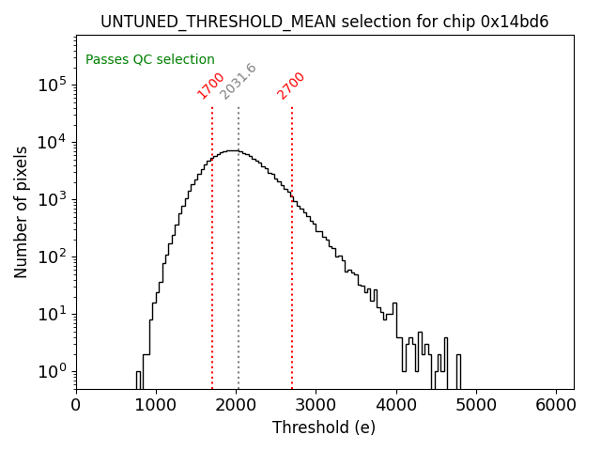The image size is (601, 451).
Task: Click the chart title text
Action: pos(325,22)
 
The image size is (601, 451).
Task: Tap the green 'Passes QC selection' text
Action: pos(150,59)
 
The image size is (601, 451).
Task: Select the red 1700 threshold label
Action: pos(210,86)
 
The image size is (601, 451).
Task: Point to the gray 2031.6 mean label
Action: pos(239,82)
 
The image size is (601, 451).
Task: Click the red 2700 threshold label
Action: pos(291,86)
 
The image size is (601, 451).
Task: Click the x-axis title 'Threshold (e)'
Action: pos(324,428)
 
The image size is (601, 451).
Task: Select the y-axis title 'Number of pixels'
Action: pos(22,211)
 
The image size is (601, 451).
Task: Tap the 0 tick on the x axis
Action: pos(76,404)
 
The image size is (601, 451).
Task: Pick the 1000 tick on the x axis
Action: pos(156,404)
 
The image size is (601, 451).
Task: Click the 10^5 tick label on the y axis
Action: pos(53,85)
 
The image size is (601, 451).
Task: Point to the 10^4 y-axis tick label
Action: pos(53,142)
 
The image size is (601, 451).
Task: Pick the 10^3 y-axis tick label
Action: pos(53,199)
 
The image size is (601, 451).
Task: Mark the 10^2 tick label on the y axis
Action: pos(53,257)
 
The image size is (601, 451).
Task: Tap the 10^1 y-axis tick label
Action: pos(53,314)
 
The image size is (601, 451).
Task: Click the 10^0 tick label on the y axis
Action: pos(53,371)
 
